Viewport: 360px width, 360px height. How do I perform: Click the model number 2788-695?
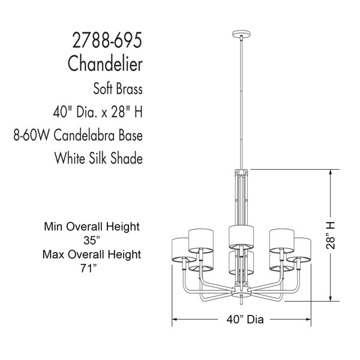(x=107, y=40)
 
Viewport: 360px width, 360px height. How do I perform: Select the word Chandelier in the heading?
(x=105, y=64)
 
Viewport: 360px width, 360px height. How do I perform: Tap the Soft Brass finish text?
(x=118, y=89)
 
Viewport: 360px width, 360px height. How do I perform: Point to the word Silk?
(x=98, y=158)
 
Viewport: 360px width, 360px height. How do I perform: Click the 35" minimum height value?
(x=92, y=241)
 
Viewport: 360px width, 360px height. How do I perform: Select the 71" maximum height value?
(x=88, y=268)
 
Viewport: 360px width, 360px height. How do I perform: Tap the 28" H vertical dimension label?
(x=331, y=236)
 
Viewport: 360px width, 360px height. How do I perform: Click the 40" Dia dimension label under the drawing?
(x=245, y=319)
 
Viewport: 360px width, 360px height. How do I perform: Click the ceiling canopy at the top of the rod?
(x=241, y=34)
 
